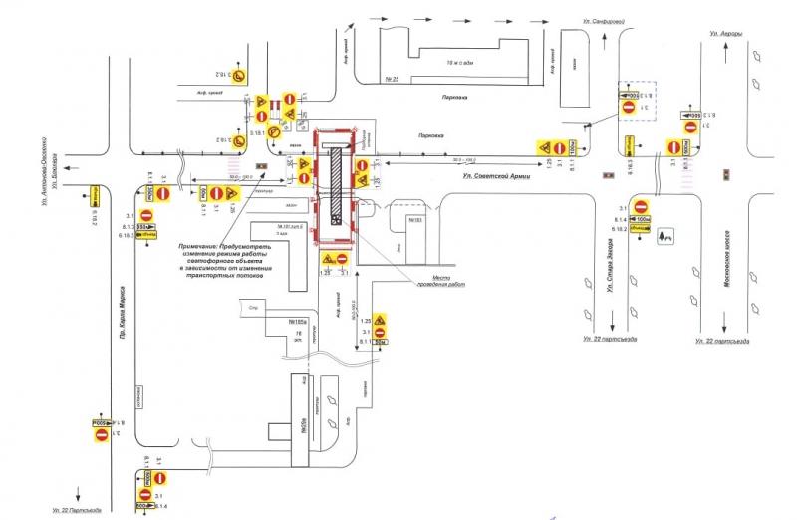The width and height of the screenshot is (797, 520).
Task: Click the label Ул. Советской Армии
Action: (x=496, y=175)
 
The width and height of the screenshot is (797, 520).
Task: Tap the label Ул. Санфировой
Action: (x=601, y=21)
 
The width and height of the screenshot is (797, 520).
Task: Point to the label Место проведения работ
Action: (x=440, y=282)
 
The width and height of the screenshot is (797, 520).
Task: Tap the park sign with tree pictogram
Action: (x=663, y=237)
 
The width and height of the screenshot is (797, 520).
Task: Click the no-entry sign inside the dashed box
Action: (x=628, y=106)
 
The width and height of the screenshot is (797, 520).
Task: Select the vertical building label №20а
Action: (x=301, y=418)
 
